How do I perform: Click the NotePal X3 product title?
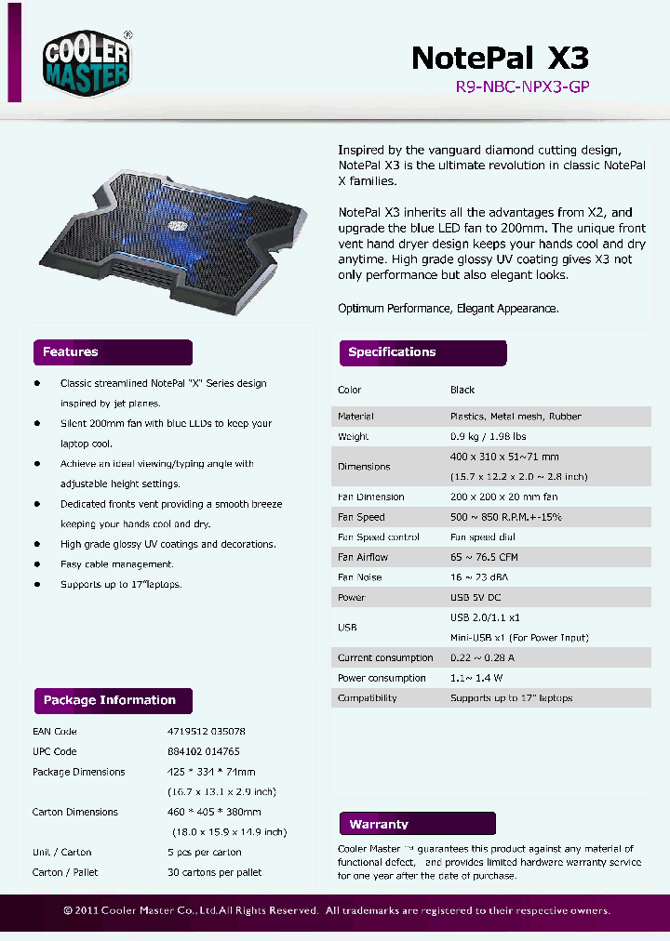pos(500,58)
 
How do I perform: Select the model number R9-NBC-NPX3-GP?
pos(522,86)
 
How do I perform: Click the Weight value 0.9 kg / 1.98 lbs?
pos(488,436)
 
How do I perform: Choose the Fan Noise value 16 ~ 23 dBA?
pos(482,577)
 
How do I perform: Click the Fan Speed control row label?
pos(378,537)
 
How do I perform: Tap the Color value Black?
pos(462,390)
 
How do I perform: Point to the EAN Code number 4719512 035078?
pos(207,732)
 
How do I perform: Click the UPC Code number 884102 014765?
pos(204,751)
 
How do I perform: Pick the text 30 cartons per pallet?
pos(214,872)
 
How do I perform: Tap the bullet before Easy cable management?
pos(37,563)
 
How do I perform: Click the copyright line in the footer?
pos(337,910)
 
